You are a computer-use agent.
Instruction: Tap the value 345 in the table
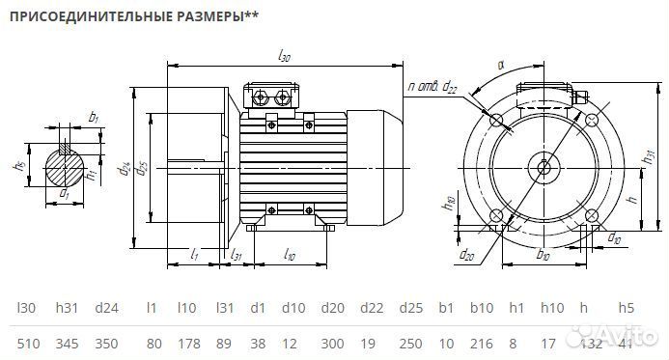68,343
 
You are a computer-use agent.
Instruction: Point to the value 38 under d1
258,343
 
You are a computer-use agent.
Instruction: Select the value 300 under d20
331,343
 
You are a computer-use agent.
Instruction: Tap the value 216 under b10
482,343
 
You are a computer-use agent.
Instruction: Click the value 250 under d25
410,343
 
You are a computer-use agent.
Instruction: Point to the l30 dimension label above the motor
284,58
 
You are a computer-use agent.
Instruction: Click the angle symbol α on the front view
500,65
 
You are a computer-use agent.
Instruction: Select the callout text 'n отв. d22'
432,89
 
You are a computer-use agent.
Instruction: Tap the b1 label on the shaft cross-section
93,117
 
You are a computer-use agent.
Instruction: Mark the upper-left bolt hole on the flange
496,121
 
